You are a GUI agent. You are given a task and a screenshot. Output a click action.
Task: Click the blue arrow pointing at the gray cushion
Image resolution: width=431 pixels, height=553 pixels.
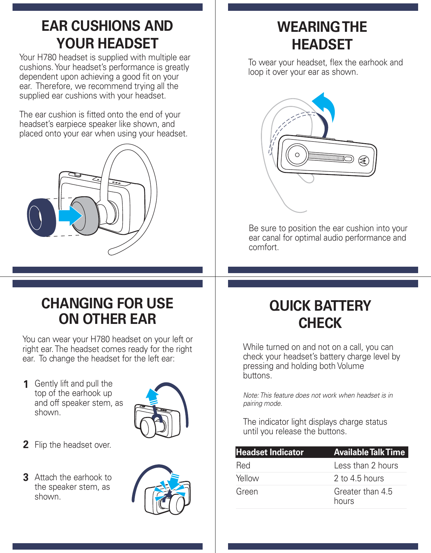point(70,216)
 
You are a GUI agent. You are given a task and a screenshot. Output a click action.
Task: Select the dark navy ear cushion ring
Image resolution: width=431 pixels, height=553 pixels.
point(41,218)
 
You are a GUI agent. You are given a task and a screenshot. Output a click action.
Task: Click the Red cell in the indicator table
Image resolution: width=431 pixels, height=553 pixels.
point(243,465)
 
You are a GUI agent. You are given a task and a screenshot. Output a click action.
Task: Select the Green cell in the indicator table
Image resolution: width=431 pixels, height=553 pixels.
point(247,491)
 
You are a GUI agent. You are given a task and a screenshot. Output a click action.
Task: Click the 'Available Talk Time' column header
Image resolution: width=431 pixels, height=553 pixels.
point(369,452)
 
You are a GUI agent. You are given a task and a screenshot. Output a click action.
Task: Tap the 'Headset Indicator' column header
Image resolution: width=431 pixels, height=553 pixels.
point(270,452)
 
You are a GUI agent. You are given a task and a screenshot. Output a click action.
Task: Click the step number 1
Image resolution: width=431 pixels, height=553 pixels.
point(26,384)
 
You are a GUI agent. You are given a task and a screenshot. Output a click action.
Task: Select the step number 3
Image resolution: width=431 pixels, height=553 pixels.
point(26,478)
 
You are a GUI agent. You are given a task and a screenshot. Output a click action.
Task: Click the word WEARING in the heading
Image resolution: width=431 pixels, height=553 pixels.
point(308,27)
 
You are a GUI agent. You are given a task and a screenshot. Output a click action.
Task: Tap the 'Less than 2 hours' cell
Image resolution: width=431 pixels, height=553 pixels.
point(366,465)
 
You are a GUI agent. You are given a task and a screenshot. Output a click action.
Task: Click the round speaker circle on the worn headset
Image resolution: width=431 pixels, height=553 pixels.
point(297,155)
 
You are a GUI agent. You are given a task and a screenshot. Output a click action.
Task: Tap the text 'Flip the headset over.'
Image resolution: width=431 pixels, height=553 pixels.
point(73,445)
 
